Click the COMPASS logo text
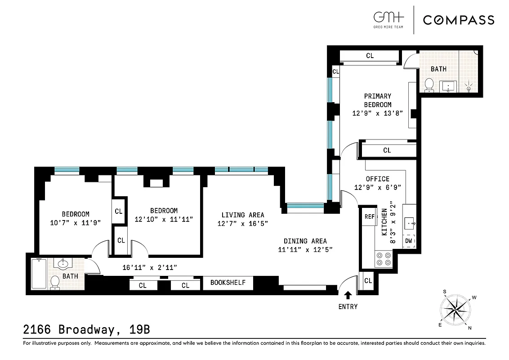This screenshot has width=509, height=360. [458, 20]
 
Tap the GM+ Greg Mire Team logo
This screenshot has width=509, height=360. [388, 20]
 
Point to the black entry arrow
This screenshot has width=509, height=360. [348, 295]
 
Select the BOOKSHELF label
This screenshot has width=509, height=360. [228, 283]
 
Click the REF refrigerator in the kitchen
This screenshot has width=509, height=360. [369, 217]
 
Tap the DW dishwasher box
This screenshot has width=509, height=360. [409, 241]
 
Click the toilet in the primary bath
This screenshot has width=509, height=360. [429, 85]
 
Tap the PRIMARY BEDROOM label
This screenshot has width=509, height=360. [377, 100]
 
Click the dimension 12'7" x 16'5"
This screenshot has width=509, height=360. [242, 224]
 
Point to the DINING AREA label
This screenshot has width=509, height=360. [305, 241]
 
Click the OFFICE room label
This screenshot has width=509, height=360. [378, 179]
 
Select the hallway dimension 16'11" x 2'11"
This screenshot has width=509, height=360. [150, 267]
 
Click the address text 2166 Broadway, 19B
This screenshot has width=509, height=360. [86, 329]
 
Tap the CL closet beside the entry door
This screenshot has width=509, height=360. [368, 281]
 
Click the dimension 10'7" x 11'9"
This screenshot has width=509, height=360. [75, 222]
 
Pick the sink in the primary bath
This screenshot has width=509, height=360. [448, 85]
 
